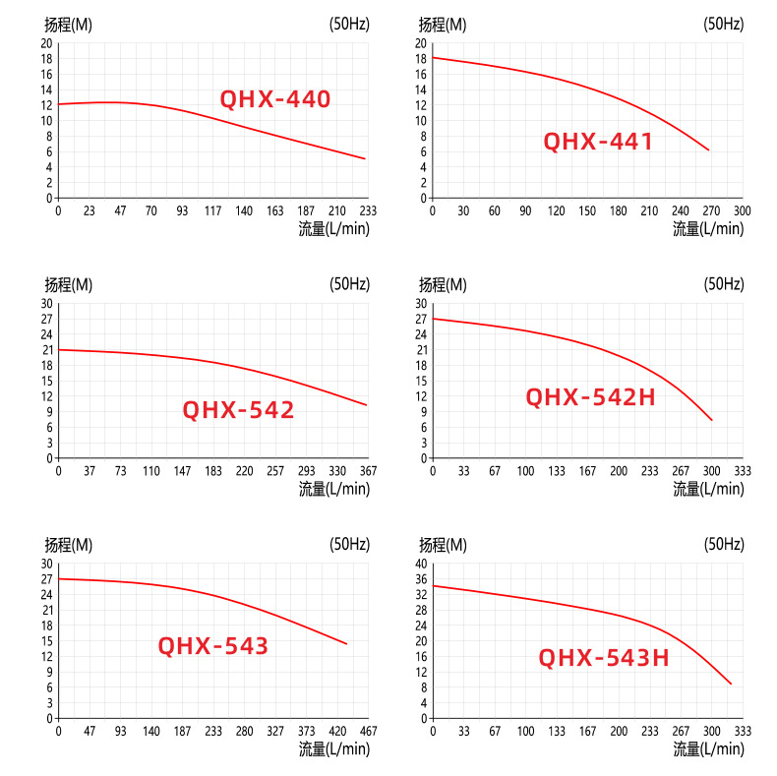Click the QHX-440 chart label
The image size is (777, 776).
pos(274,99)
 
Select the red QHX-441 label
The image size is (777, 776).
pos(598,142)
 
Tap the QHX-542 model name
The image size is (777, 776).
pos(238,410)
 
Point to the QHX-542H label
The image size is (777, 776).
pos(590,397)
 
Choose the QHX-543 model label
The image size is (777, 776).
pos(212,646)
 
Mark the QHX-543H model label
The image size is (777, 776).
pos(604,658)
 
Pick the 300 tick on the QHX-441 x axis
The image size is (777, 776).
pos(742,211)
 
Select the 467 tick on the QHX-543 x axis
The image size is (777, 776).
pos(368,732)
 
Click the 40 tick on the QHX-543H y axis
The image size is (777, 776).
pos(422,564)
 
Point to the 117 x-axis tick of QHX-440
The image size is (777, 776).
pos(213,211)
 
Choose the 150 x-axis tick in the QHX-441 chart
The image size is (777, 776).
pos(587,211)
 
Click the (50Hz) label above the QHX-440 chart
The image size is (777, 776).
pos(349,25)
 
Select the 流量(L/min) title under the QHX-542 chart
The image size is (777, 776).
pos(334,489)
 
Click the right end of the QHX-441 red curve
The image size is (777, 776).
pos(708,149)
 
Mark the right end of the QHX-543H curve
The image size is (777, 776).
pos(731,684)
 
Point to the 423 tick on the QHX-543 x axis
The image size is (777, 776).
pos(337,732)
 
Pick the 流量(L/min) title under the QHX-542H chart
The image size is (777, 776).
pos(708,489)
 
